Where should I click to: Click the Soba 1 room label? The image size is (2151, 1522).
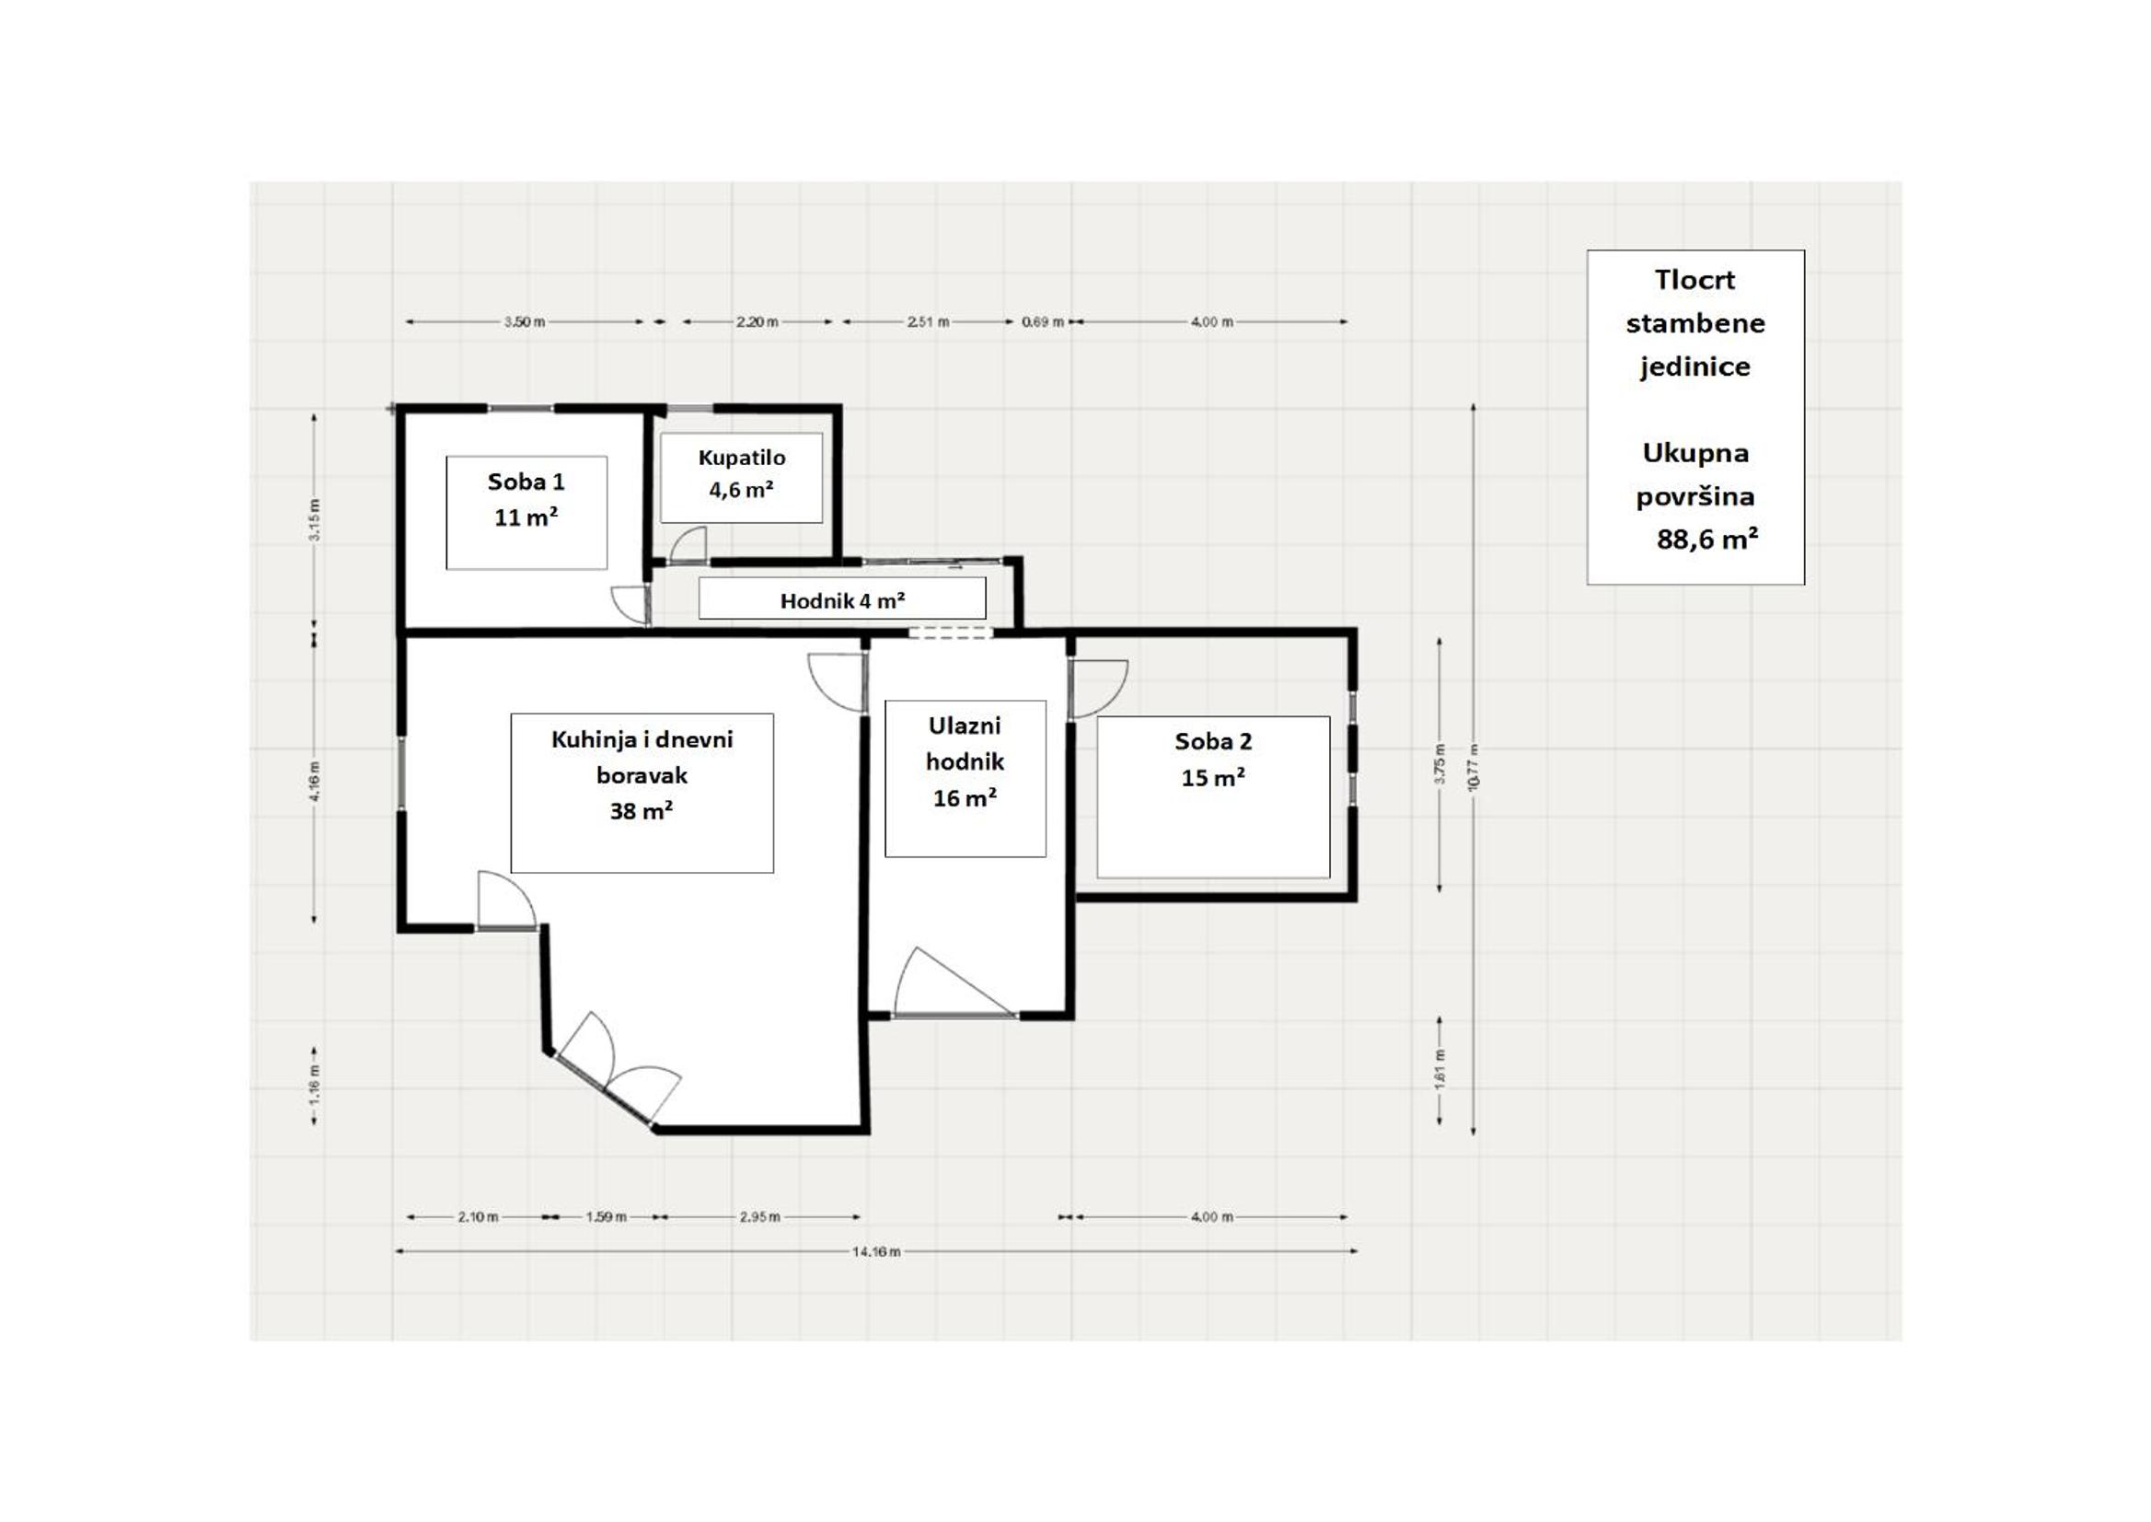click(526, 500)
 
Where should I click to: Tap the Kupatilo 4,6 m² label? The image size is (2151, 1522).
click(741, 473)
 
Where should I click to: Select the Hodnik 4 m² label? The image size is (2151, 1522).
click(842, 599)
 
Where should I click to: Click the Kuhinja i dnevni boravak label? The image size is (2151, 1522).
click(642, 774)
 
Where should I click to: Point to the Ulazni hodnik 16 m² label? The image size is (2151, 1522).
click(965, 761)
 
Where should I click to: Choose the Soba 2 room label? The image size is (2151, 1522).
click(1213, 759)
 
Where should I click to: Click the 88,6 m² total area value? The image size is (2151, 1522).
click(1707, 539)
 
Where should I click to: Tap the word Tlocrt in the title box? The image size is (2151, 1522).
click(1694, 279)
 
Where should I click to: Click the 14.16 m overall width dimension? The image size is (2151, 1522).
click(876, 1251)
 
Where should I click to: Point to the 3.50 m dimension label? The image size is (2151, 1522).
click(525, 321)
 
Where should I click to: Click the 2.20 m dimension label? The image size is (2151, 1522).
click(757, 321)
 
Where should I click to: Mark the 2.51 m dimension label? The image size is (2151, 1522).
click(928, 321)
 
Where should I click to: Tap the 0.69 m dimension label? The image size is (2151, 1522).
click(1043, 321)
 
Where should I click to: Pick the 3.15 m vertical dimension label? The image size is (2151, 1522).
click(315, 519)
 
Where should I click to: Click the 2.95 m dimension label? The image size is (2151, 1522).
click(759, 1216)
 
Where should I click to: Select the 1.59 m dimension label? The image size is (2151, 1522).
click(607, 1216)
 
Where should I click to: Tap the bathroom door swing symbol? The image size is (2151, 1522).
click(688, 543)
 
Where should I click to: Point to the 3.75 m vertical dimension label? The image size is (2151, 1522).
click(1440, 764)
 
